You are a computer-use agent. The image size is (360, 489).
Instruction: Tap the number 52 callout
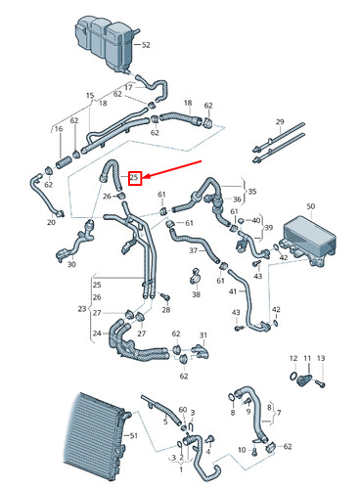tap(147, 45)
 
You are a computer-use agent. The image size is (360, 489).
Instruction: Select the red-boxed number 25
tap(135, 177)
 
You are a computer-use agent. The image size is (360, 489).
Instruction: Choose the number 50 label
tap(311, 206)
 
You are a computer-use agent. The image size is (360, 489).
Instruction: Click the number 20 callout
tap(51, 222)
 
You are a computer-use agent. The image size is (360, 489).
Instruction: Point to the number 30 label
tap(70, 278)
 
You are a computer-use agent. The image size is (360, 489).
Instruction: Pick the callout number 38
tap(196, 293)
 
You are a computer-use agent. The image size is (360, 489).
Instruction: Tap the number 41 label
tap(233, 291)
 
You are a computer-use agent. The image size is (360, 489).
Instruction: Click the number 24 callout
tap(96, 333)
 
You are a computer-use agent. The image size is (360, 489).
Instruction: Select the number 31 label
tap(205, 335)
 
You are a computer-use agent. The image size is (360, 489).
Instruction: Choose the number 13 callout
tap(320, 359)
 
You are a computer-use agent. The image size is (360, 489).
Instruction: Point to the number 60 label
tap(182, 410)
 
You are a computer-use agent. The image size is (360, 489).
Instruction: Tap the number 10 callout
tap(242, 449)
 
